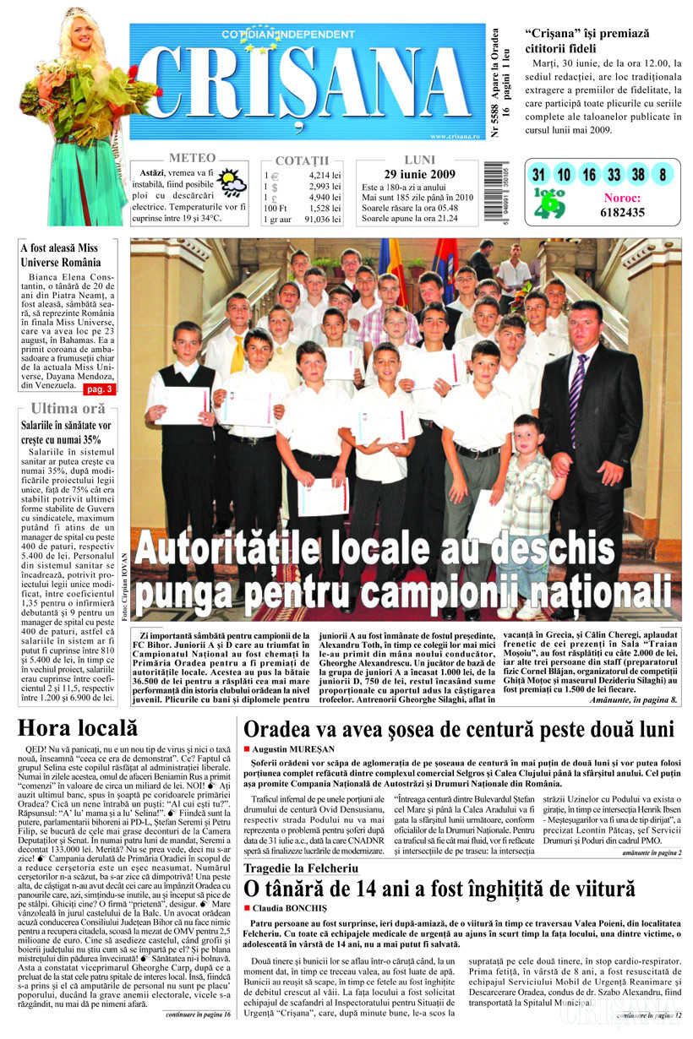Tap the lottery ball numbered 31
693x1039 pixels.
point(537,175)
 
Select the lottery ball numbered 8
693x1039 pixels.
point(663,175)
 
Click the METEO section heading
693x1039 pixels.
point(192,158)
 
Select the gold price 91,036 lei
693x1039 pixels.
point(322,220)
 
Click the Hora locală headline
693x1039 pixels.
point(77,727)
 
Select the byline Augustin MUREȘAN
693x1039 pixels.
point(292,749)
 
